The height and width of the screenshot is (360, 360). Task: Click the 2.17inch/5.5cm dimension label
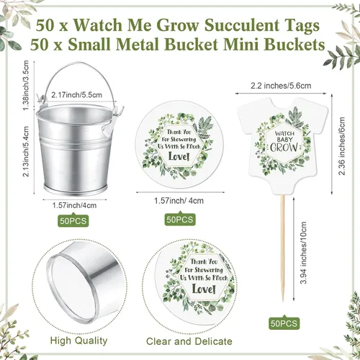(x=76, y=95)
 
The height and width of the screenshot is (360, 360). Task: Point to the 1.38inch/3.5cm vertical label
(x=26, y=86)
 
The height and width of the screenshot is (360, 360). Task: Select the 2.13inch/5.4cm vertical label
(x=26, y=151)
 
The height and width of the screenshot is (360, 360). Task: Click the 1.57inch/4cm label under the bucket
(x=74, y=205)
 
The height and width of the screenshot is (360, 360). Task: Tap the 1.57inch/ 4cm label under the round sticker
(x=179, y=201)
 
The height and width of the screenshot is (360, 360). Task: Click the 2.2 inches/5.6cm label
(x=281, y=86)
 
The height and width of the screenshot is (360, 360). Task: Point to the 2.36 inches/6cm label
(x=341, y=146)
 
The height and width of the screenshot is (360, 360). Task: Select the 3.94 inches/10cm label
(x=304, y=253)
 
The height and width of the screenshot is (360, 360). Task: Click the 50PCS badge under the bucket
(x=73, y=220)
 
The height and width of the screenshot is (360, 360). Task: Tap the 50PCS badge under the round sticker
(x=180, y=219)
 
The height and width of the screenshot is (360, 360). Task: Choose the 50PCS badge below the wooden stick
(x=284, y=323)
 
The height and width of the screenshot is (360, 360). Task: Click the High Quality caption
(x=78, y=341)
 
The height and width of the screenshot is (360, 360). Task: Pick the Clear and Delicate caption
(x=189, y=341)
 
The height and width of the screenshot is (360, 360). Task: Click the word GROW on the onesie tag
(x=284, y=148)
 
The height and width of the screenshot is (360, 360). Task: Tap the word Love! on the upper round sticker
(x=179, y=156)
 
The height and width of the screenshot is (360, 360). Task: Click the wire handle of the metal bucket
(x=80, y=63)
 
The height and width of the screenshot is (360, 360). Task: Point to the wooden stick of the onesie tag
(x=284, y=247)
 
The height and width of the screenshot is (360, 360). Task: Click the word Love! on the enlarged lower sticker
(x=204, y=289)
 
